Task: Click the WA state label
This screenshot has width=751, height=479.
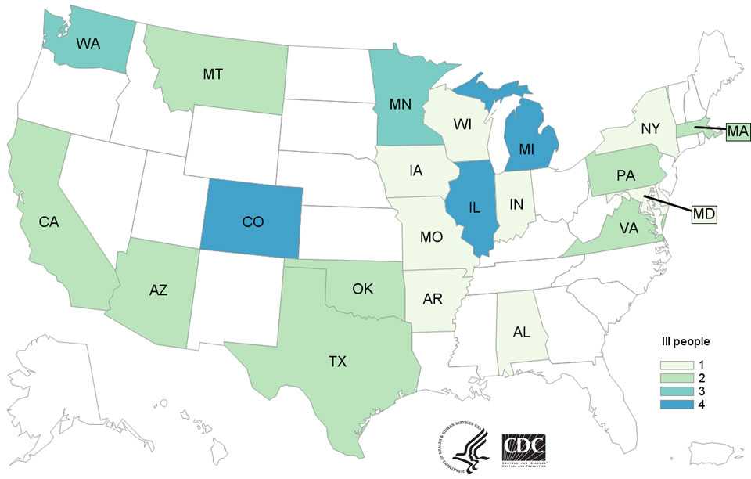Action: pos(88,44)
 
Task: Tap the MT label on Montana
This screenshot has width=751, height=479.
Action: pos(214,74)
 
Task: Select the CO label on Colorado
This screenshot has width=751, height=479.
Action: pos(253,222)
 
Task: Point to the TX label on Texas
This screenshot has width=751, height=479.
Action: pos(338,361)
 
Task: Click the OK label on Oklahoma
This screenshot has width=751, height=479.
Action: pos(363,290)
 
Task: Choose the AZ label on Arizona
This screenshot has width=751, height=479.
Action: pos(158,290)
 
